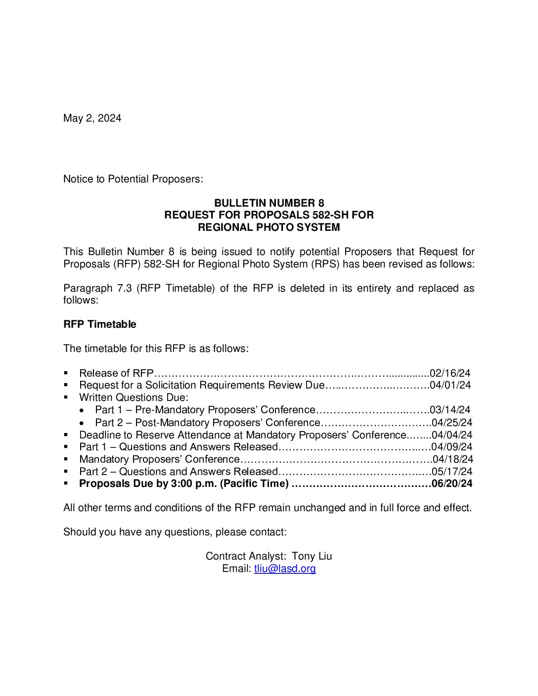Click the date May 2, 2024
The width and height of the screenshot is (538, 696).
point(92,118)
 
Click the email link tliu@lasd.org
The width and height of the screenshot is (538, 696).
point(285,568)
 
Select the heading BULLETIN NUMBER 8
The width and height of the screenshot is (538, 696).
point(269,203)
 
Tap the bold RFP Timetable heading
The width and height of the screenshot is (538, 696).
point(99,324)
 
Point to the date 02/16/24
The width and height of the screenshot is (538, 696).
point(450,373)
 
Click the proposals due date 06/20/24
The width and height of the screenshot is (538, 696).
point(451,483)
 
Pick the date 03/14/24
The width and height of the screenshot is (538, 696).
point(450,410)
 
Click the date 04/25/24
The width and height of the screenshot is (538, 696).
point(452,423)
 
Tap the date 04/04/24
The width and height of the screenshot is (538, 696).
point(452,435)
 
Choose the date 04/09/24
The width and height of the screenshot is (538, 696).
point(452,447)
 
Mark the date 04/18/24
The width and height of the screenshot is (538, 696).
point(452,459)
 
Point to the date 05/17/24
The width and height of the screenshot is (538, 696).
point(452,472)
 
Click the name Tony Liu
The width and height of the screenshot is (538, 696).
point(312,556)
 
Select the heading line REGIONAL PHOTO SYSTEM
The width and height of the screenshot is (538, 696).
point(269,227)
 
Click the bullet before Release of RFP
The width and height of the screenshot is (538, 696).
point(66,373)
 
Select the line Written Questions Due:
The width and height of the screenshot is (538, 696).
point(134,397)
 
